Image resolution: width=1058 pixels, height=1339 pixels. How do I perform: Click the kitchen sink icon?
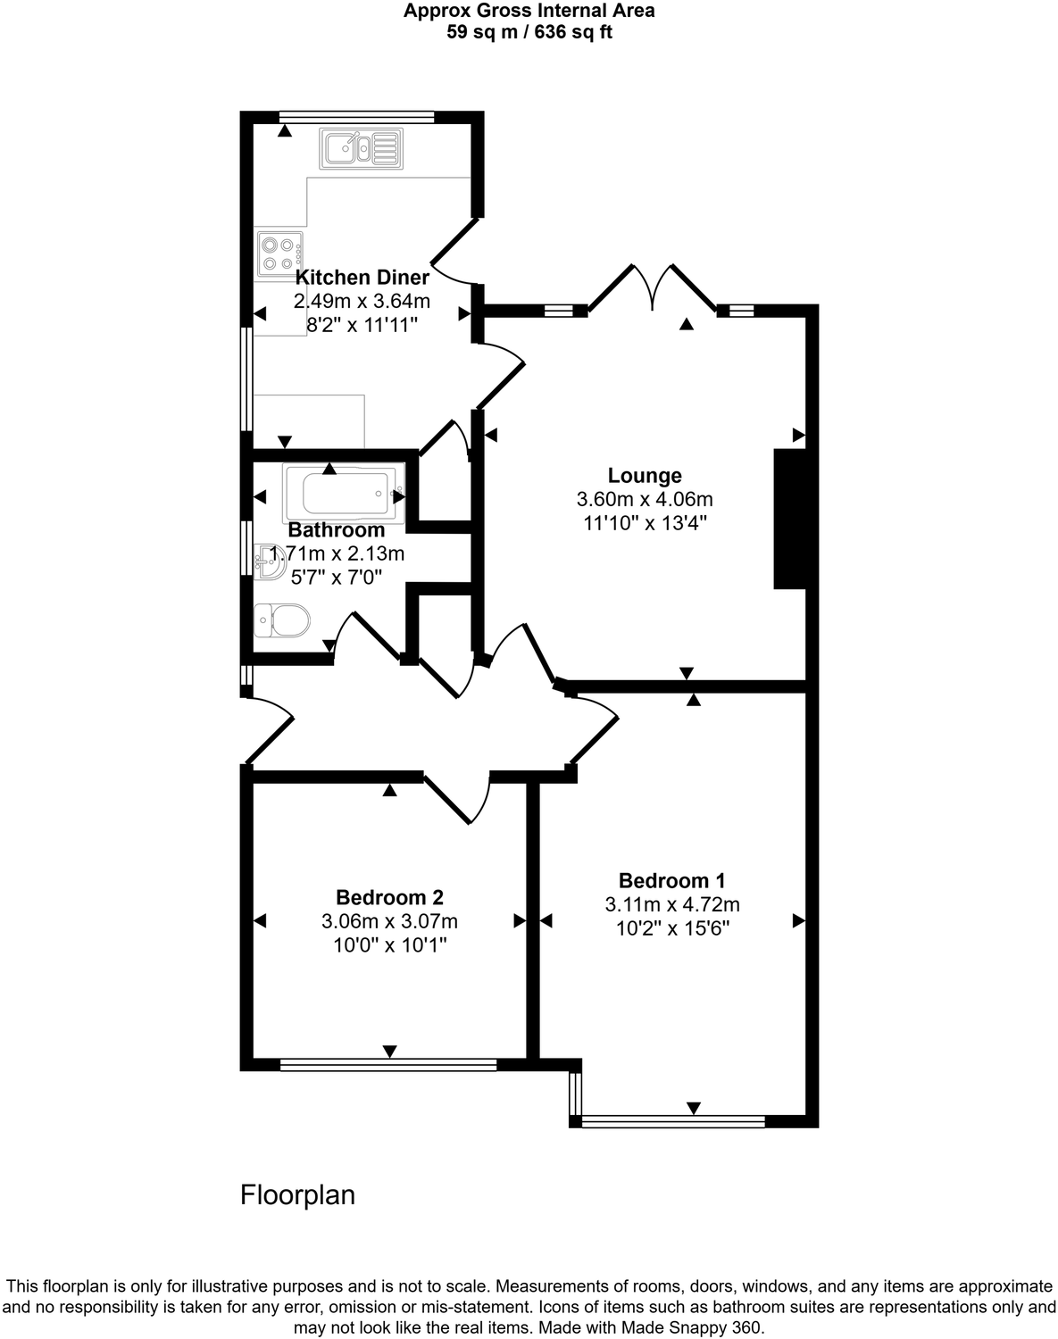tap(362, 148)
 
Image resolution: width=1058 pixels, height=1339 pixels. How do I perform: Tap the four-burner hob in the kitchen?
tap(279, 252)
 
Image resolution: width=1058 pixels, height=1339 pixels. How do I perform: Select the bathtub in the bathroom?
tap(344, 493)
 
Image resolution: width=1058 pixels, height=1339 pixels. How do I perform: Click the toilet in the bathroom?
tap(281, 620)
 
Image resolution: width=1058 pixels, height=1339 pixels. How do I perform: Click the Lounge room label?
tap(645, 476)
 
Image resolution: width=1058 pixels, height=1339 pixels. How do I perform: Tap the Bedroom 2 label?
tap(389, 897)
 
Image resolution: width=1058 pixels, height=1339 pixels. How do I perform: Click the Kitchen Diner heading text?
tap(362, 277)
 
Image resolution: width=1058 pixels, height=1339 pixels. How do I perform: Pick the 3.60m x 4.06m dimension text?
tap(645, 499)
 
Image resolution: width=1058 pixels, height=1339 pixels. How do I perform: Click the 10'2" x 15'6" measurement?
tap(672, 927)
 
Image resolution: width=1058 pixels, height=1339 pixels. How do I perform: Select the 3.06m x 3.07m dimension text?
tap(389, 920)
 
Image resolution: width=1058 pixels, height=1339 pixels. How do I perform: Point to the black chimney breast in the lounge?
tap(789, 519)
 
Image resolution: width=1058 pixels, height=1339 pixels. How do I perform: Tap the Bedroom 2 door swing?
tap(457, 797)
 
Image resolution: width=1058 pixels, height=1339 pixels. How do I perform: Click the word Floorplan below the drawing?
tap(297, 1194)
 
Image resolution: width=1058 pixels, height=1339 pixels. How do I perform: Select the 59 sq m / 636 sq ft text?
tap(529, 33)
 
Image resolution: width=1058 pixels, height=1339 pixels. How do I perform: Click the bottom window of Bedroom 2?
tap(388, 1064)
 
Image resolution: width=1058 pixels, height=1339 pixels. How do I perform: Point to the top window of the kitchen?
tap(356, 116)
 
